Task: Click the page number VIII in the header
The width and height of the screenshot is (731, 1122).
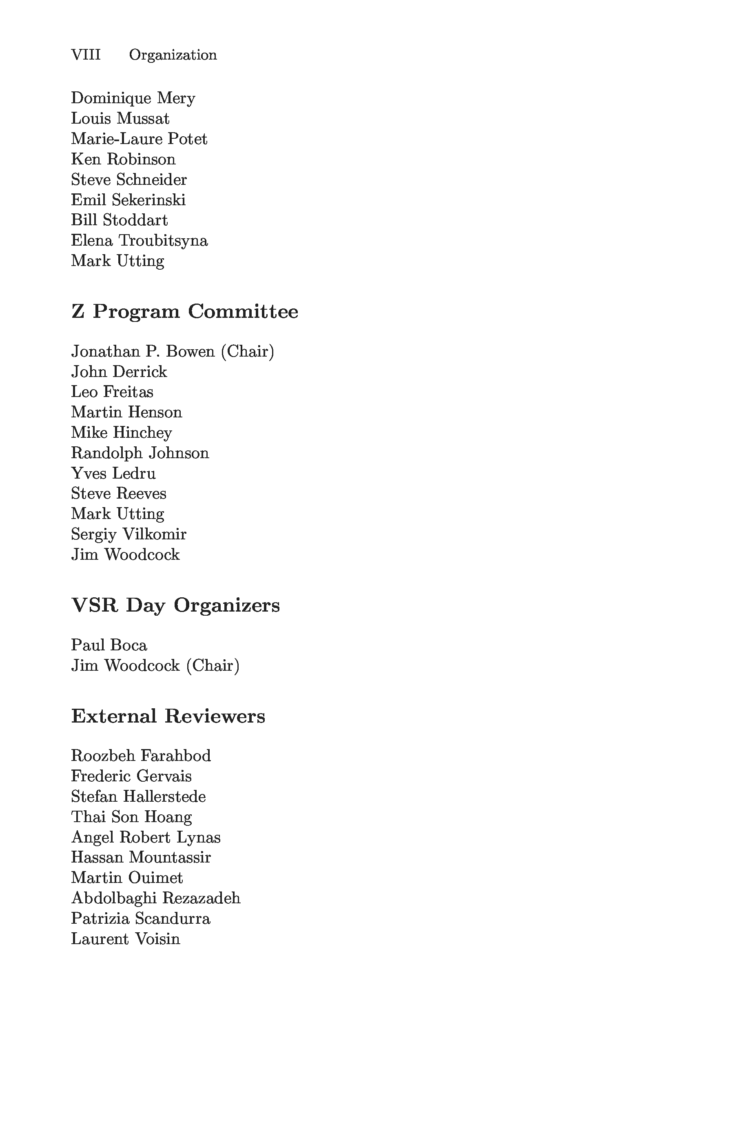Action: click(86, 55)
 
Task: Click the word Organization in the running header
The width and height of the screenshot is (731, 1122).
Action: click(173, 55)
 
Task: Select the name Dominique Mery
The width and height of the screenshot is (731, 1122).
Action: click(133, 98)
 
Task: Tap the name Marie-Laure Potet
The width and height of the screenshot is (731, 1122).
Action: click(139, 139)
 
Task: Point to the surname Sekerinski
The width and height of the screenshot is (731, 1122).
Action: click(148, 200)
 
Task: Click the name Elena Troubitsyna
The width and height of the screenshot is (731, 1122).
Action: click(139, 240)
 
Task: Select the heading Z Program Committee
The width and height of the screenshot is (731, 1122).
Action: click(184, 312)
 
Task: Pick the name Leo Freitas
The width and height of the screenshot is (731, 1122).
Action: click(112, 392)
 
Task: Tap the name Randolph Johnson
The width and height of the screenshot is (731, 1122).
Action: click(140, 453)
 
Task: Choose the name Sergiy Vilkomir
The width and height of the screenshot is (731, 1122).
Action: click(128, 534)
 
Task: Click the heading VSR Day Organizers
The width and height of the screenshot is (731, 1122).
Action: click(175, 605)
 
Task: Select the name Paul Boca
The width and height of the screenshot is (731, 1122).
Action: click(109, 645)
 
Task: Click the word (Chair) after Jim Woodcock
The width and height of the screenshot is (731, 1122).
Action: click(213, 666)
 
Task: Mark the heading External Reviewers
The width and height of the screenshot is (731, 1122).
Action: click(168, 716)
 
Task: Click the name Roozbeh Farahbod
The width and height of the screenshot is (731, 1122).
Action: click(141, 756)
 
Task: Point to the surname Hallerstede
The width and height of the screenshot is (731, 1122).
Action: click(164, 797)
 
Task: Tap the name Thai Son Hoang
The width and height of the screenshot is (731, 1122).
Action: click(131, 817)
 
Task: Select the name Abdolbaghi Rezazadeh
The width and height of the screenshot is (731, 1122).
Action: click(155, 898)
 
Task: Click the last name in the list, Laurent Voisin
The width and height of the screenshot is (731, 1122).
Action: click(125, 939)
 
